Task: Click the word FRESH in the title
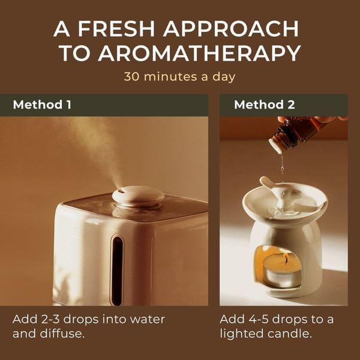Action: pyautogui.click(x=116, y=29)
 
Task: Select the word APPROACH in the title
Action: pyautogui.click(x=231, y=29)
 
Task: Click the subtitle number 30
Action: pyautogui.click(x=131, y=77)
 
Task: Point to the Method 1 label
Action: pyautogui.click(x=42, y=104)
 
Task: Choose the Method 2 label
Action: pyautogui.click(x=265, y=104)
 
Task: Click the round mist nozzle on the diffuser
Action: pyautogui.click(x=138, y=196)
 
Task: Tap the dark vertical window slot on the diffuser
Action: pyautogui.click(x=118, y=271)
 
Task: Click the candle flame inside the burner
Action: pyautogui.click(x=286, y=259)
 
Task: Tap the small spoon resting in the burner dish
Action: pyautogui.click(x=274, y=192)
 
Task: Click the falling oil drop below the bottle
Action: pyautogui.click(x=283, y=167)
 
